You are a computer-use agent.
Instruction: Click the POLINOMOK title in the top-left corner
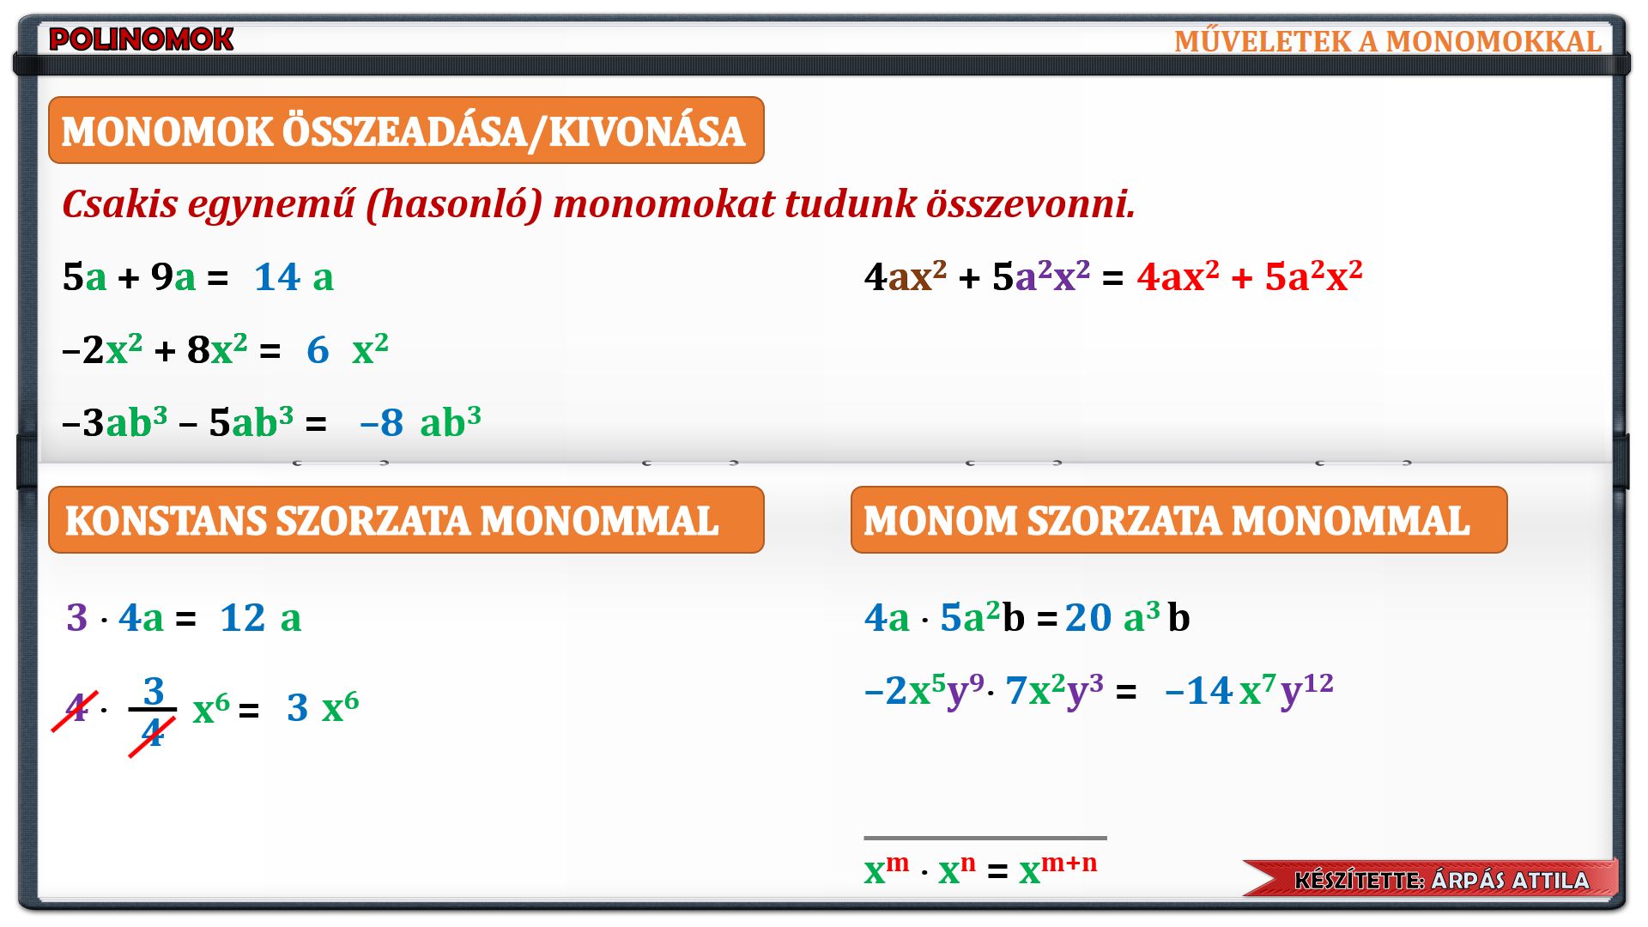pyautogui.click(x=141, y=39)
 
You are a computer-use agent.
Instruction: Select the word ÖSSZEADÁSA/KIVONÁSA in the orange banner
pyautogui.click(x=513, y=131)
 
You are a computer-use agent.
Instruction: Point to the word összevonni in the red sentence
pyautogui.click(x=1029, y=203)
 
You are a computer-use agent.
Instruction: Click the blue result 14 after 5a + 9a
pyautogui.click(x=276, y=277)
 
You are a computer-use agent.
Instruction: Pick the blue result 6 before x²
pyautogui.click(x=318, y=350)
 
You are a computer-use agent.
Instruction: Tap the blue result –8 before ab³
pyautogui.click(x=382, y=423)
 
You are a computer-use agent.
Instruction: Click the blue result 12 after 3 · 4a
pyautogui.click(x=243, y=618)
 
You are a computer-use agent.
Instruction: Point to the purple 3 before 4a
pyautogui.click(x=76, y=618)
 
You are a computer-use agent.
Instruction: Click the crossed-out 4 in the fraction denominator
pyautogui.click(x=152, y=733)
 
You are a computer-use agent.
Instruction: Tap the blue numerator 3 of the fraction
pyautogui.click(x=154, y=691)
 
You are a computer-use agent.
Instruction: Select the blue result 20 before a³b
pyautogui.click(x=1088, y=618)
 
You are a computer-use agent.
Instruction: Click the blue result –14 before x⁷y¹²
pyautogui.click(x=1199, y=691)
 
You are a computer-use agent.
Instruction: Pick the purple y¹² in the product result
pyautogui.click(x=1306, y=689)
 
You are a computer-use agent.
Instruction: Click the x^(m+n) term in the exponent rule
pyautogui.click(x=1057, y=869)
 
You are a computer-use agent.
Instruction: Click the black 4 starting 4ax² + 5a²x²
pyautogui.click(x=875, y=277)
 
